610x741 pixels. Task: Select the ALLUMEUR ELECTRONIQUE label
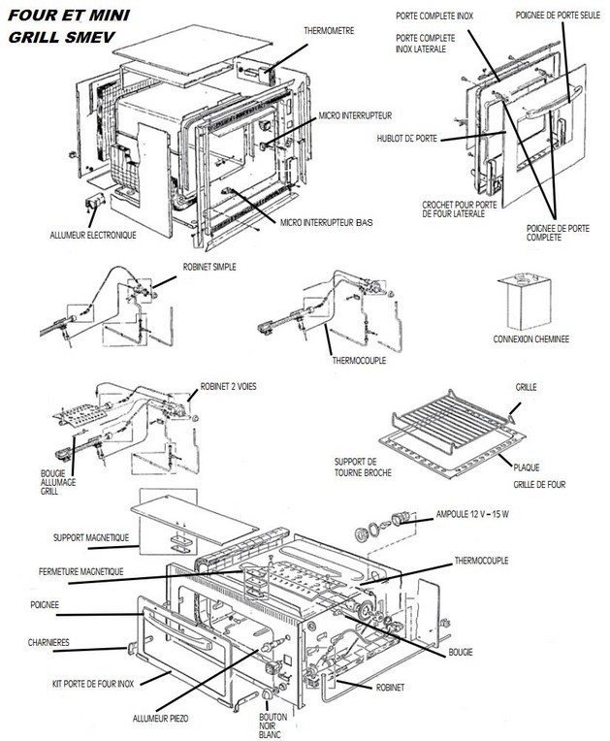[93, 236]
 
